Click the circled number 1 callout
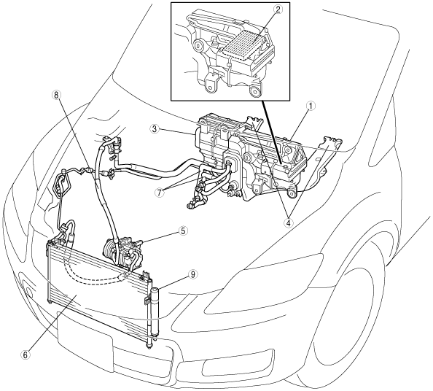coord(311,106)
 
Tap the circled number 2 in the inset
coord(278,9)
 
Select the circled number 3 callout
coord(155,129)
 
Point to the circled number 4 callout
coord(288,222)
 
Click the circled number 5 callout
coord(183,231)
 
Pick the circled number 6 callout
coord(26,355)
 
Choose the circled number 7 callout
coord(160,193)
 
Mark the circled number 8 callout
coord(56,95)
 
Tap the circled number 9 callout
coord(192,274)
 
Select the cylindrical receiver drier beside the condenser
coord(154,315)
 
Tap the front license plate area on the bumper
coord(85,332)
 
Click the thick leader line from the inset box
coord(272,131)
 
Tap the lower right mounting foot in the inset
coord(255,91)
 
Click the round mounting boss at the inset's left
coord(198,45)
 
